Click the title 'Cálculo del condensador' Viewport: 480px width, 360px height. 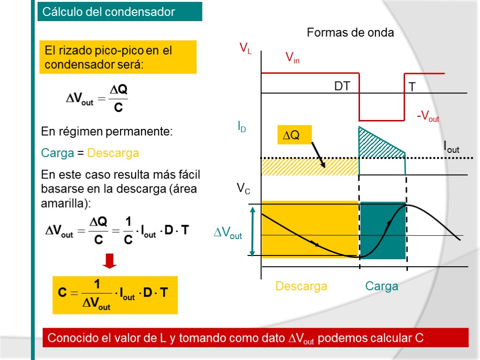pyautogui.click(x=108, y=12)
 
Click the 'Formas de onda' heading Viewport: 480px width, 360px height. pyautogui.click(x=350, y=33)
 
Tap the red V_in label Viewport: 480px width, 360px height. pyautogui.click(x=292, y=58)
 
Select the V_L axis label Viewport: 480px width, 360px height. pyautogui.click(x=245, y=48)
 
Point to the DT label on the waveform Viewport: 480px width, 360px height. pyautogui.click(x=342, y=87)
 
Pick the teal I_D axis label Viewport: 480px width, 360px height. pyautogui.click(x=241, y=127)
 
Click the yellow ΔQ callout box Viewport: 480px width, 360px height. pyautogui.click(x=294, y=135)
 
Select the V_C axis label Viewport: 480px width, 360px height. pyautogui.click(x=243, y=189)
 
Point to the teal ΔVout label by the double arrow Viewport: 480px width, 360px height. pyautogui.click(x=228, y=233)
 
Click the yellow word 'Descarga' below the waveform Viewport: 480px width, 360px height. pyautogui.click(x=301, y=286)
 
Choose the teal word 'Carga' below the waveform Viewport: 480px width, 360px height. pyautogui.click(x=382, y=286)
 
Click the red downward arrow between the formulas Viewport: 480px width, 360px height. pyautogui.click(x=110, y=261)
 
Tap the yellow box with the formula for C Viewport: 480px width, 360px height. pyautogui.click(x=115, y=295)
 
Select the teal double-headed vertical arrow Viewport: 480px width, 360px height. pyautogui.click(x=253, y=231)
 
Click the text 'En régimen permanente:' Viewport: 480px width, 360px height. pyautogui.click(x=107, y=132)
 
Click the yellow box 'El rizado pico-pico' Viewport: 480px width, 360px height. pyautogui.click(x=117, y=57)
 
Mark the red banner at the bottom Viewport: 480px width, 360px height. pyautogui.click(x=255, y=337)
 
